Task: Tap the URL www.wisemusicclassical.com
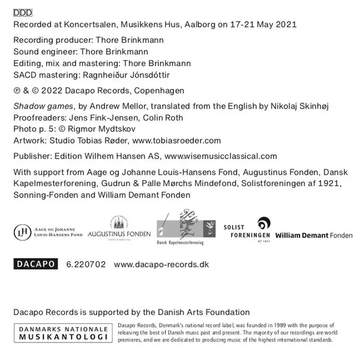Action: pos(220,155)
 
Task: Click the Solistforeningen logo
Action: pos(247,230)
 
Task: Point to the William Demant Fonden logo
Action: pos(314,235)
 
